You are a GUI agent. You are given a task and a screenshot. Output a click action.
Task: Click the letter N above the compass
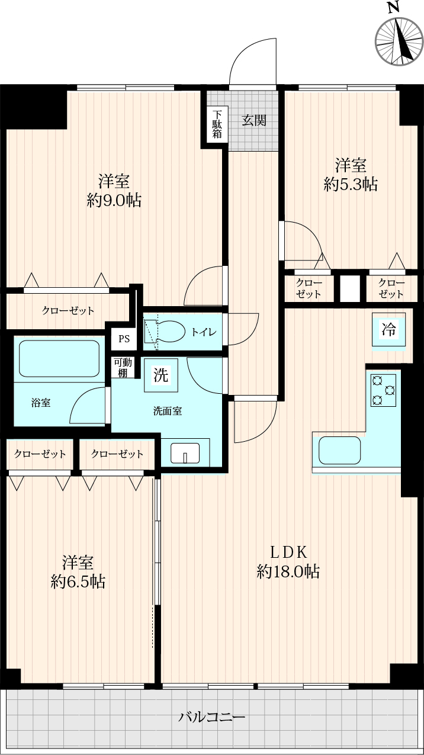click(x=393, y=8)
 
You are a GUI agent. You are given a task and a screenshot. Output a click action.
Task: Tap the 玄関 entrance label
click(x=254, y=120)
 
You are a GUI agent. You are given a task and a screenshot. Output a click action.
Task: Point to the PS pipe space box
click(x=124, y=338)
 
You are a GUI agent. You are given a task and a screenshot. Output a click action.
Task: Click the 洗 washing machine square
click(x=160, y=375)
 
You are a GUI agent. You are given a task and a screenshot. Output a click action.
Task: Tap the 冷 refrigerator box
click(x=388, y=329)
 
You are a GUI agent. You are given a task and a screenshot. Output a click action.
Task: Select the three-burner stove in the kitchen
click(x=383, y=390)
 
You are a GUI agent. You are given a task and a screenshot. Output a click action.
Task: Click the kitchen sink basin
click(x=339, y=451)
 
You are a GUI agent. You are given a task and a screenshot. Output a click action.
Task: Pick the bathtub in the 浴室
click(x=59, y=358)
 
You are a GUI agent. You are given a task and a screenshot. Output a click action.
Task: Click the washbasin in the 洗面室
click(x=185, y=453)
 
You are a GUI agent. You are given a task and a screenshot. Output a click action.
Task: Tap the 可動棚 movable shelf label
click(x=123, y=367)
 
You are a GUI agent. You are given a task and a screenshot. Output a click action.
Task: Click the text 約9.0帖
click(x=114, y=201)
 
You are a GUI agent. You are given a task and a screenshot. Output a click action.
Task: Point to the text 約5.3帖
click(x=351, y=184)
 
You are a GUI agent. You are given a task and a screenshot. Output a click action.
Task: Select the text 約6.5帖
click(x=78, y=582)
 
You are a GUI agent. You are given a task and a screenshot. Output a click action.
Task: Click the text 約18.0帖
click(x=288, y=571)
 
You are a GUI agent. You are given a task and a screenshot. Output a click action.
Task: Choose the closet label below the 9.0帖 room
click(x=68, y=310)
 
